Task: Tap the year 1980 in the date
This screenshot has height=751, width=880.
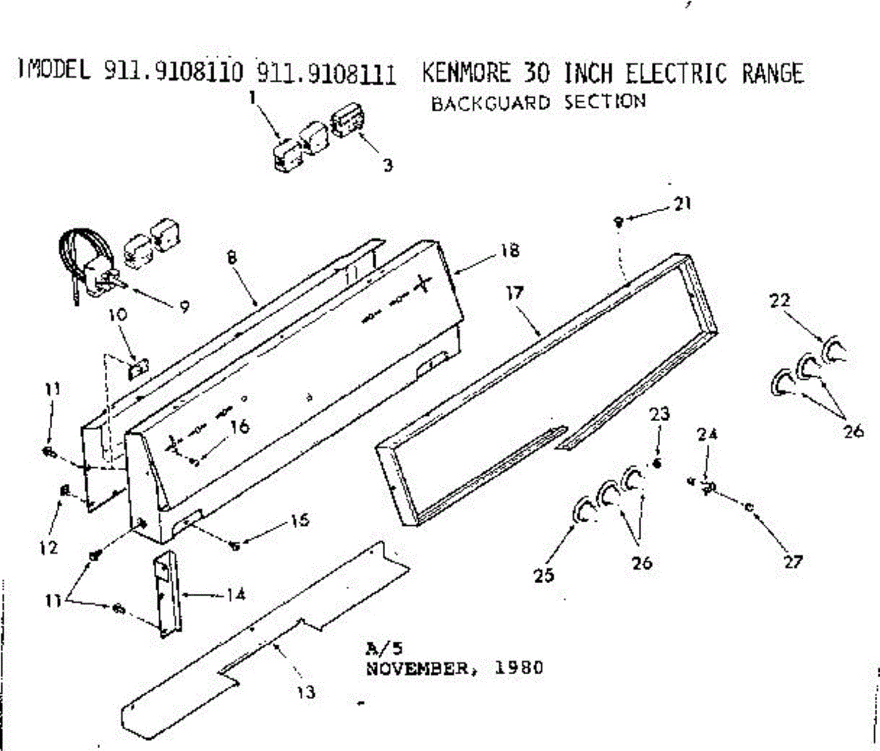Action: (520, 668)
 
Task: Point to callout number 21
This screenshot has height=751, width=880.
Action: (683, 205)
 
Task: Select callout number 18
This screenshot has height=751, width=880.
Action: (510, 250)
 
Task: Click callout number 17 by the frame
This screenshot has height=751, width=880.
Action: (515, 293)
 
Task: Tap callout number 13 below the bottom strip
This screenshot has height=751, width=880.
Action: (307, 691)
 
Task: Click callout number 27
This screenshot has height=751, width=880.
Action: (793, 562)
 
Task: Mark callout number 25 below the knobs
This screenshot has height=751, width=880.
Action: (544, 576)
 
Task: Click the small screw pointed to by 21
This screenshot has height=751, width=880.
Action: (619, 220)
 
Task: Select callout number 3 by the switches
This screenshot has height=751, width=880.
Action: (387, 165)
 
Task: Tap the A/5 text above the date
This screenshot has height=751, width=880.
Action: (380, 648)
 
